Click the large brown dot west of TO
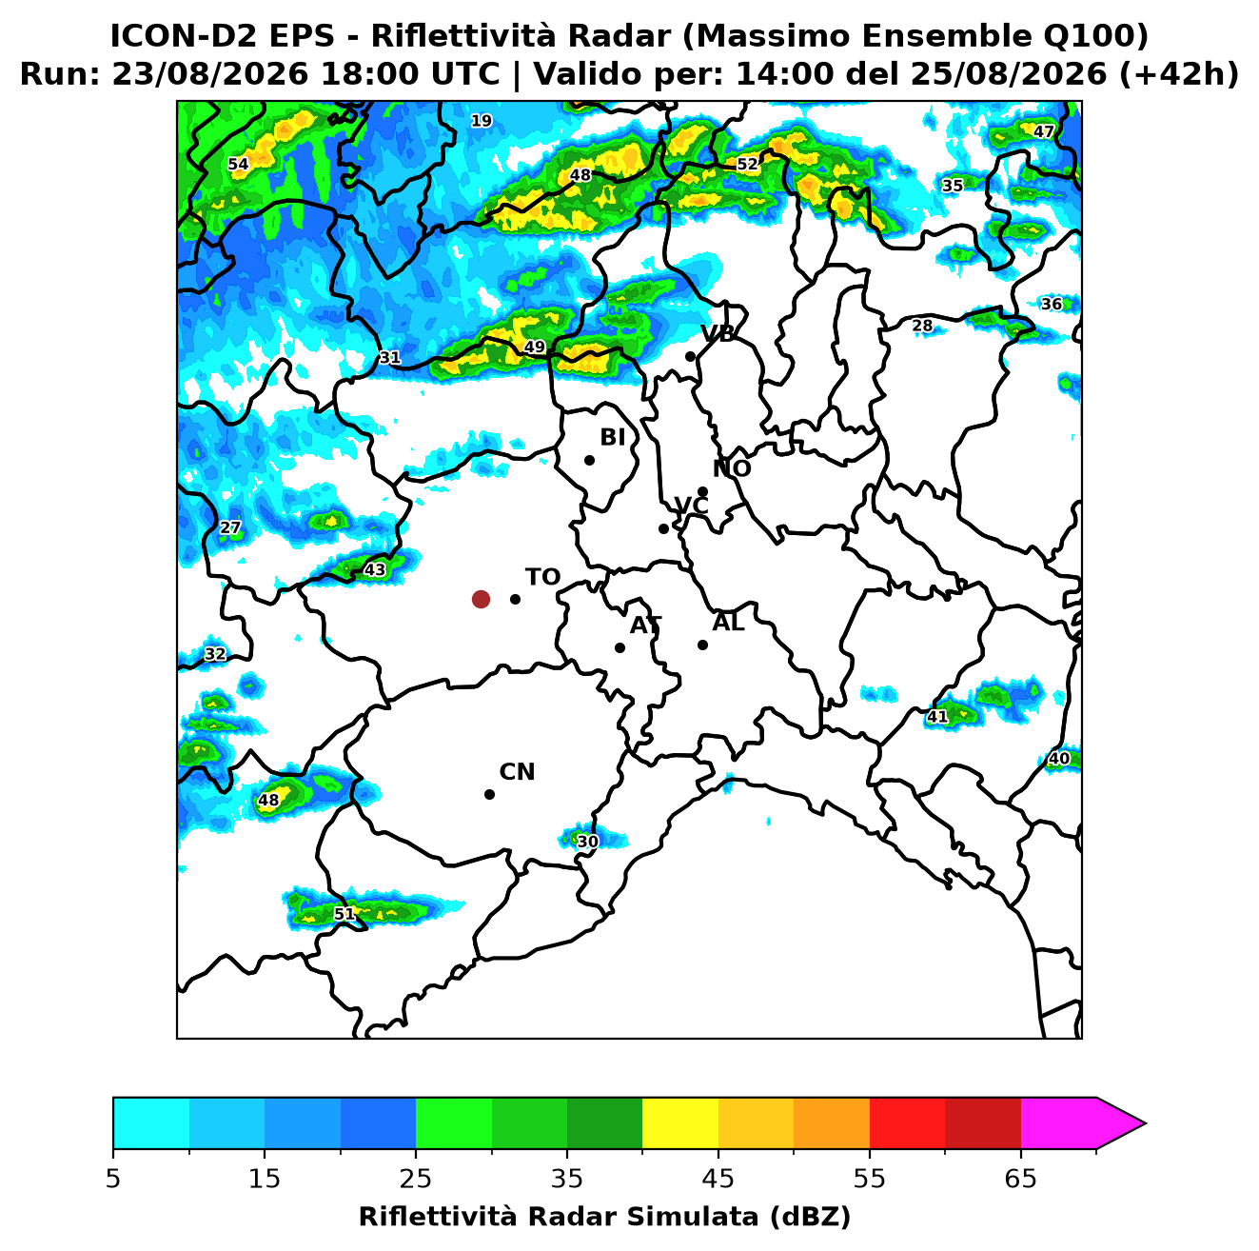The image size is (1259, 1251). [481, 598]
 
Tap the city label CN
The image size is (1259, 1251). [517, 772]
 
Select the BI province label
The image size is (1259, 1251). [613, 438]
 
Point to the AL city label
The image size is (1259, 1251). [728, 623]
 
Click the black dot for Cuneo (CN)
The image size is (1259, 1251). [489, 794]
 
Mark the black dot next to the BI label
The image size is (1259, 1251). [589, 461]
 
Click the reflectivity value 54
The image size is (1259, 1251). [238, 164]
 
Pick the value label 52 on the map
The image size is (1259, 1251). [747, 164]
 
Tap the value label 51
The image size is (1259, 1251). [344, 914]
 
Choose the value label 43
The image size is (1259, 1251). [374, 569]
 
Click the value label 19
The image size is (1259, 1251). [481, 121]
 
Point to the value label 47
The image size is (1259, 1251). [1043, 131]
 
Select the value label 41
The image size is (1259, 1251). [937, 717]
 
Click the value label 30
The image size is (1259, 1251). [587, 841]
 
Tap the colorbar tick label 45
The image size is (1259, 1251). [718, 1179]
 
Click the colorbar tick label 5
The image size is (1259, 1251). [113, 1179]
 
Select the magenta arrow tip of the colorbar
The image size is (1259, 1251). [1145, 1123]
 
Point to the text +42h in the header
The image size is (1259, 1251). [1178, 74]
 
